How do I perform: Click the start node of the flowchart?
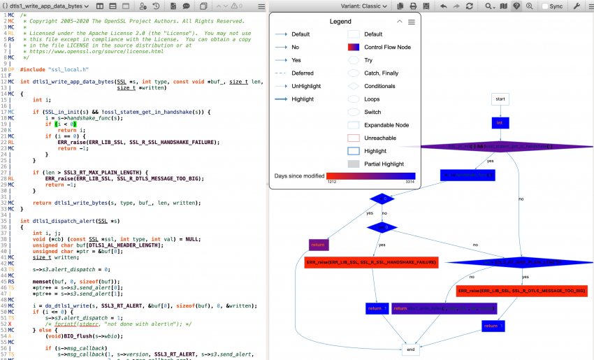pyautogui.click(x=500, y=99)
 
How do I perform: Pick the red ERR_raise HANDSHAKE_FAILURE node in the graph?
pyautogui.click(x=371, y=263)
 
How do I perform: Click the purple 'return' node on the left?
pyautogui.click(x=319, y=245)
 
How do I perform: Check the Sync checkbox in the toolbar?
pyautogui.click(x=544, y=6)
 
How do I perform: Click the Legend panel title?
pyautogui.click(x=340, y=22)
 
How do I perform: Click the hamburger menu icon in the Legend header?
pyautogui.click(x=412, y=22)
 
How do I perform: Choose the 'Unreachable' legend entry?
pyautogui.click(x=379, y=138)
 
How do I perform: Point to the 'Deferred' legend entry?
pyautogui.click(x=302, y=73)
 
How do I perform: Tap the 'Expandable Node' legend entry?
pyautogui.click(x=386, y=125)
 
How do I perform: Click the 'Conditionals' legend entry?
pyautogui.click(x=379, y=86)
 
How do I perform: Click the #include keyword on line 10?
pyautogui.click(x=33, y=70)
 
